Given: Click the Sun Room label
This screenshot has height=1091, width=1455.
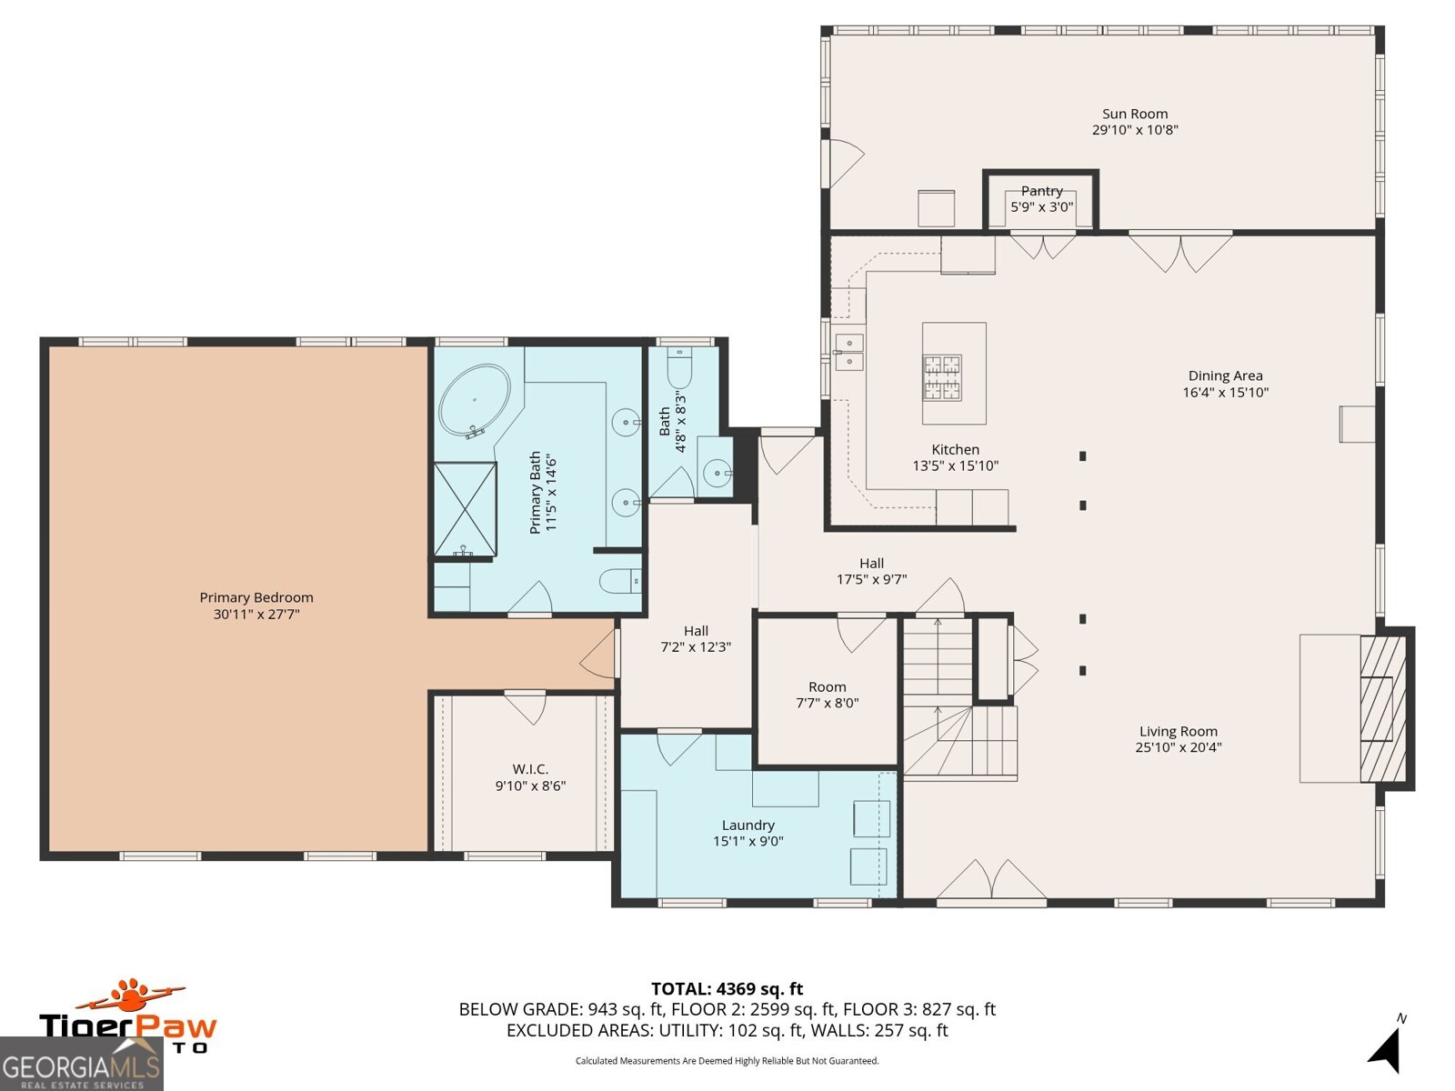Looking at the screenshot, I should point(1134,115).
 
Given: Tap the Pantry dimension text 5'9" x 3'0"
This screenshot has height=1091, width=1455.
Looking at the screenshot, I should point(1041,207).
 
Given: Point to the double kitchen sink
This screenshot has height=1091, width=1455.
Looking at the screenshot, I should point(848,352).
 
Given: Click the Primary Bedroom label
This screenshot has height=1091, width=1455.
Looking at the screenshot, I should point(256,597).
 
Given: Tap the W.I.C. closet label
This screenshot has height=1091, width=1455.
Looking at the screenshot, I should point(530,769).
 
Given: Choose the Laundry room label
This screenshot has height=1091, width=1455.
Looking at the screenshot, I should point(748,826).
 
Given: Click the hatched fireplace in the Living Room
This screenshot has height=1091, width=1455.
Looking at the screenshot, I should point(1382,708).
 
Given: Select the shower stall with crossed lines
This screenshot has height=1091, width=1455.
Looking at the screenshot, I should point(465,509).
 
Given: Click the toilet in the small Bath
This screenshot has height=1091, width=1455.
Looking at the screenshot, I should point(680,369).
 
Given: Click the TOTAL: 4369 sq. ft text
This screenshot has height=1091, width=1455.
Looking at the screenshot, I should point(727,988).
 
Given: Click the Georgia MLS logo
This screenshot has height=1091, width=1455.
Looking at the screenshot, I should point(80,1066).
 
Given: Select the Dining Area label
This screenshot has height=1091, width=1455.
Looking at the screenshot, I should point(1225,375).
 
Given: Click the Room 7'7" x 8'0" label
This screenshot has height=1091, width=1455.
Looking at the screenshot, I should point(827,687).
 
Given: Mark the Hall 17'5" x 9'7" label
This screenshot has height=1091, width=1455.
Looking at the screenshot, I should point(871,564).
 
